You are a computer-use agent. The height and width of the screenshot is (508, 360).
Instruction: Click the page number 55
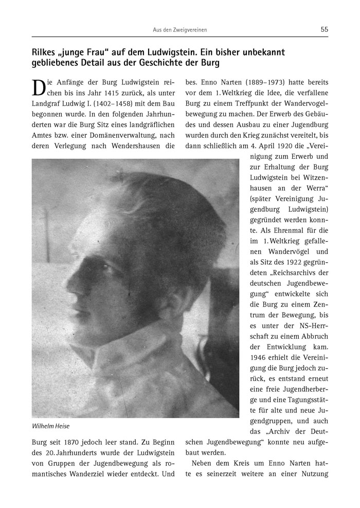tap(324, 29)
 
